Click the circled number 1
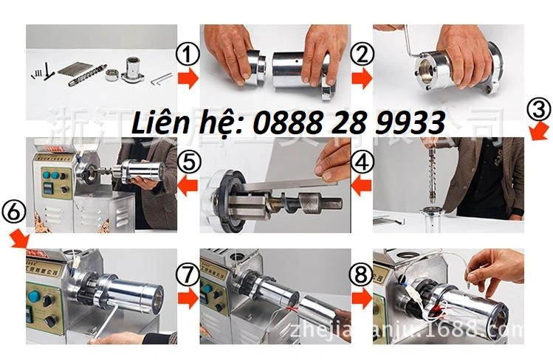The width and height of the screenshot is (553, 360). point(188,53)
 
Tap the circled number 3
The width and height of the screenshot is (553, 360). point(539,110)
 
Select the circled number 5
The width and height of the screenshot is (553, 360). point(188,160)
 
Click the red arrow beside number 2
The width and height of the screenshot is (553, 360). point(362,79)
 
